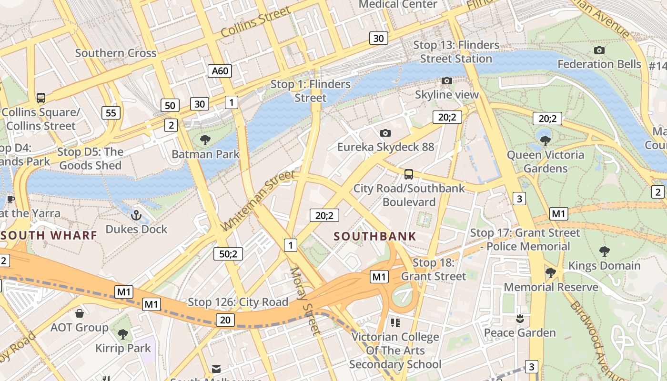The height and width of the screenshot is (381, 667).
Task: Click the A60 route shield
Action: (220, 71)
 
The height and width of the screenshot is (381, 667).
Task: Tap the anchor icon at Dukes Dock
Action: (137, 215)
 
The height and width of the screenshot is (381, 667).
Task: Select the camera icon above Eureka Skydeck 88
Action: (385, 133)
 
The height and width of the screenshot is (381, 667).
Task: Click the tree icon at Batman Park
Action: (205, 140)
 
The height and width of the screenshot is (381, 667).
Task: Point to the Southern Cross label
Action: (116, 53)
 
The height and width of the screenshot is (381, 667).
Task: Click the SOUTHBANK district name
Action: (375, 236)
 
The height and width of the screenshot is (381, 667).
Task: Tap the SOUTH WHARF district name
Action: (49, 235)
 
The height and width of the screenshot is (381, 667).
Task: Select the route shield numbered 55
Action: (111, 113)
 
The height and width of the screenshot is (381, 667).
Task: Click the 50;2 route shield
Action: (228, 254)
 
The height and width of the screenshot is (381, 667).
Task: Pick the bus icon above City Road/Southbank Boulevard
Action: (409, 174)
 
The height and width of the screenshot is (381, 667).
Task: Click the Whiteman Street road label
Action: (259, 201)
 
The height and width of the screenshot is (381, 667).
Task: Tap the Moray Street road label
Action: (303, 300)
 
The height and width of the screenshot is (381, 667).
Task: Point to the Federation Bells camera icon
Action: (599, 50)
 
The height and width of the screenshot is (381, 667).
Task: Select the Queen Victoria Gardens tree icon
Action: (546, 140)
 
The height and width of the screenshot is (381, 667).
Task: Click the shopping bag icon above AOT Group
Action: (80, 313)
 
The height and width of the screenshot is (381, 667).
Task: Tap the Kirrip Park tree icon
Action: (123, 334)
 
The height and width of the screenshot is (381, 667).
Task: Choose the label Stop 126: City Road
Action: (238, 302)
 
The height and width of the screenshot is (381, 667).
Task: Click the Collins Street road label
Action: (256, 22)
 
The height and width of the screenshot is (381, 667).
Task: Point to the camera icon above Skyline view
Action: (446, 80)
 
